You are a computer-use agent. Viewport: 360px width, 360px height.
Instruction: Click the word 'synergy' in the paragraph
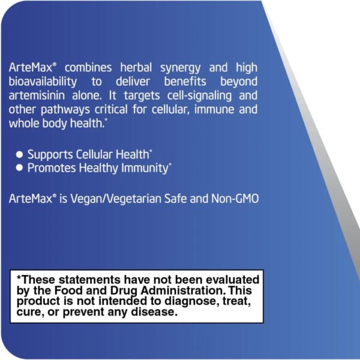(180, 68)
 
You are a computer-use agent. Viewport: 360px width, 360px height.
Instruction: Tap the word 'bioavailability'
(43, 82)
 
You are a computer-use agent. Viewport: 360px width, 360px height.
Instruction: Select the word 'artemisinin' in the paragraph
(37, 95)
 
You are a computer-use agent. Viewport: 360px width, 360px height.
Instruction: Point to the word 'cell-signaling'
(199, 96)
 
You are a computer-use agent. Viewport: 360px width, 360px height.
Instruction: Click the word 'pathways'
(65, 110)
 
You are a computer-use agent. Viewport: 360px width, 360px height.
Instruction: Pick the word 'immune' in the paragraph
(214, 110)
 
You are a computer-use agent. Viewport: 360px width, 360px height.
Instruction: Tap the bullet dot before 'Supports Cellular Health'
(20, 155)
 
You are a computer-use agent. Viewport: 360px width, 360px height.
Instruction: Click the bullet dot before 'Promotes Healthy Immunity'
(20, 168)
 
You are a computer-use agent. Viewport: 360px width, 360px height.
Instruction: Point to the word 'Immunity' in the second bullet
(145, 168)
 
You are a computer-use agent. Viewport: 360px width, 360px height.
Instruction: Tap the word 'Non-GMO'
(235, 199)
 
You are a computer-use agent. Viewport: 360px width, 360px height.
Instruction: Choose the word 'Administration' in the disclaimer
(182, 290)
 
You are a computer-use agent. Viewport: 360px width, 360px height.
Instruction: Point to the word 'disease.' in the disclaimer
(154, 312)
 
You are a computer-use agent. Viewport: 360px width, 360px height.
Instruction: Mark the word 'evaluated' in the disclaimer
(232, 280)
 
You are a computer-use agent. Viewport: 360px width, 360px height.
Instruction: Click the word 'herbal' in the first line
(136, 68)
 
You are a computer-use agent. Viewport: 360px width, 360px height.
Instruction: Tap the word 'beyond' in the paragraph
(239, 82)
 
